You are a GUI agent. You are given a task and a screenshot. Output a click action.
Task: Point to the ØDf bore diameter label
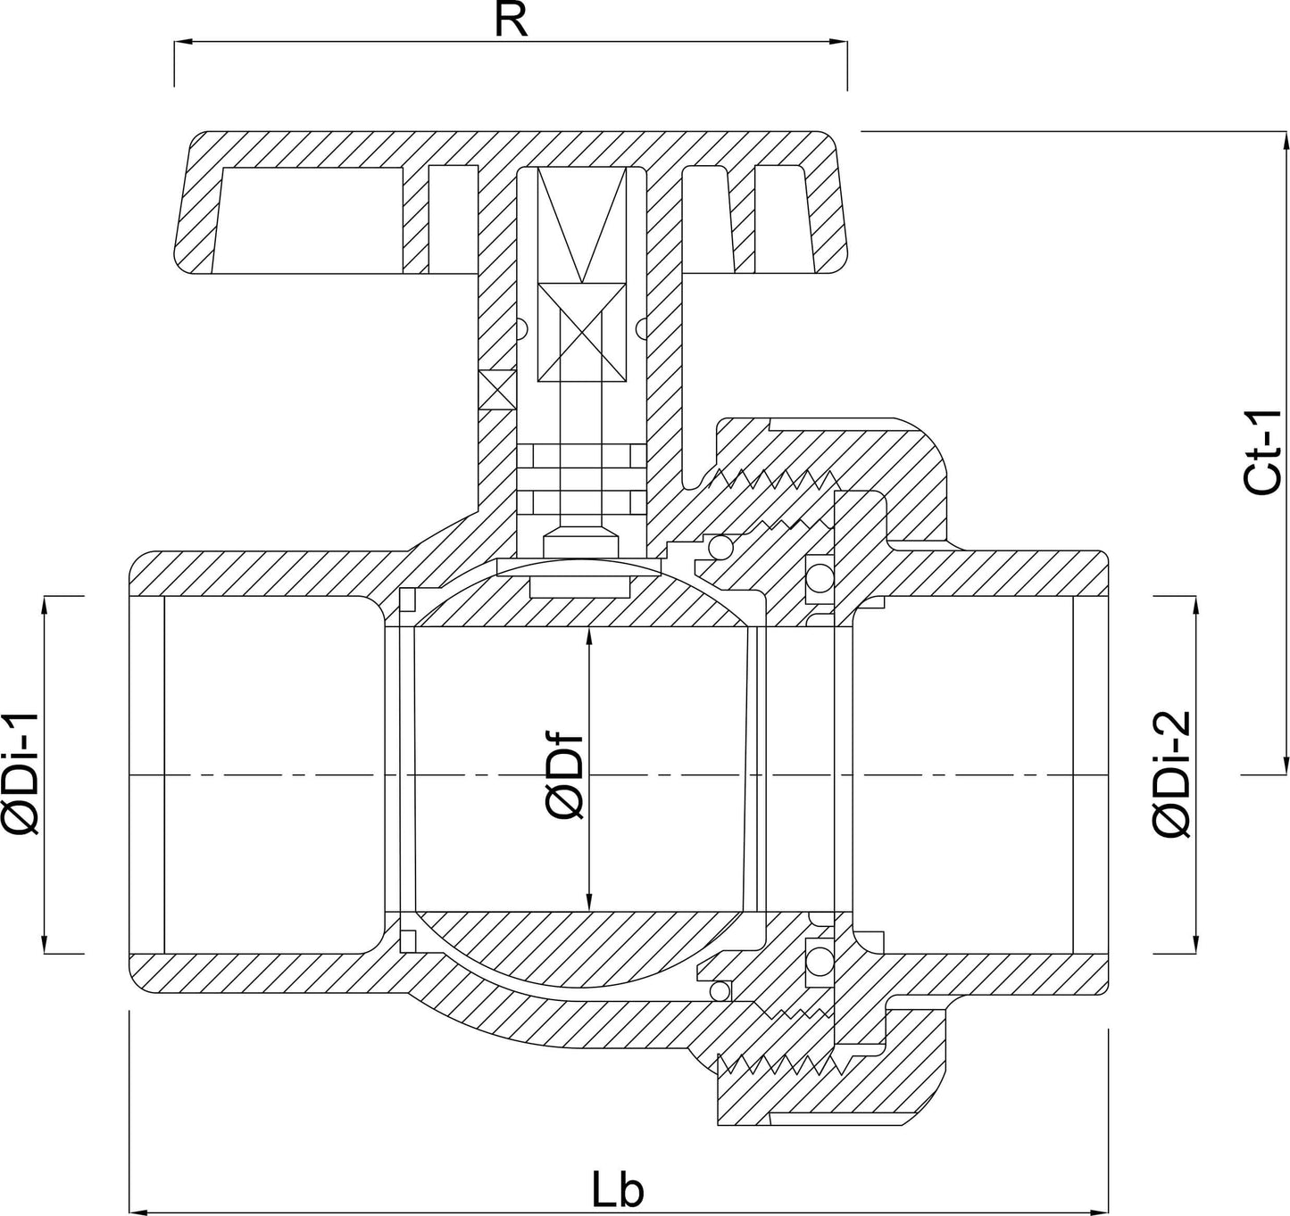tap(564, 776)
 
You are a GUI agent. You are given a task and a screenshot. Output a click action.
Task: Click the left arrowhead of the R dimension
tap(183, 42)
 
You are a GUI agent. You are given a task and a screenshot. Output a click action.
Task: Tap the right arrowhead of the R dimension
tap(838, 42)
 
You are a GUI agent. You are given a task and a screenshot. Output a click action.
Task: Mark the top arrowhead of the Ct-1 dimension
tap(1285, 142)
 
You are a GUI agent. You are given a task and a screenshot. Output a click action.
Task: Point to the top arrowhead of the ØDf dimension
tap(589, 636)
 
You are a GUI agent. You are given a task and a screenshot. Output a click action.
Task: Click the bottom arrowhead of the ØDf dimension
tap(589, 902)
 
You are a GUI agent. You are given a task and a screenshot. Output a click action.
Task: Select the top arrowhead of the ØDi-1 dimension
tap(45, 606)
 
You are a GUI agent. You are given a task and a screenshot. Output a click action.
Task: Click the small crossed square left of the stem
tap(497, 390)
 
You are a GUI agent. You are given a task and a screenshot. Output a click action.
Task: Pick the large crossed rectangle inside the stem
tap(582, 333)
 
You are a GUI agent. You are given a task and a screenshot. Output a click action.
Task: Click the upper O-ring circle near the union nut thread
tap(720, 547)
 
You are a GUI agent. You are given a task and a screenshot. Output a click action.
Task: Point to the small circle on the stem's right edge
tap(642, 328)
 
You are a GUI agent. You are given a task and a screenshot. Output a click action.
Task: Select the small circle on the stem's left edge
tap(521, 328)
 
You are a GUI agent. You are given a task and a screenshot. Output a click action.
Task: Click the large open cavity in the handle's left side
tap(312, 220)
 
